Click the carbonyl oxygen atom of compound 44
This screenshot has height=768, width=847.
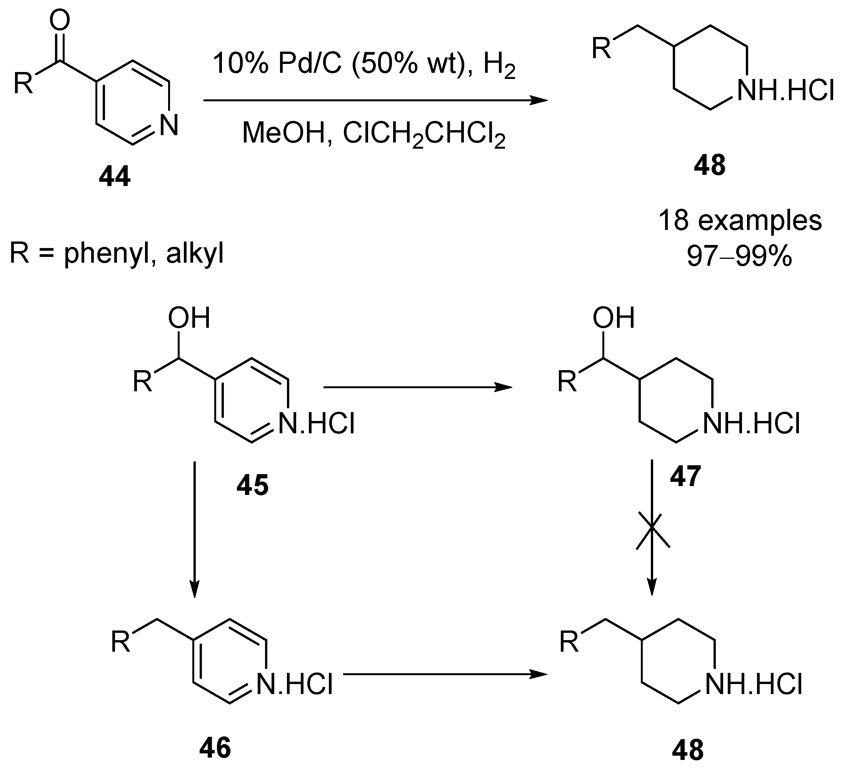pos(60,21)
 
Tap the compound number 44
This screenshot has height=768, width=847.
pos(115,177)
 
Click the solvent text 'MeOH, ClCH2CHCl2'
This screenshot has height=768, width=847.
pos(374,133)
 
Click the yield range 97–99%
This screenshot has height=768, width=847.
pos(739,255)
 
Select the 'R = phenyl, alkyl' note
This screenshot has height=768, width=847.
pos(117,253)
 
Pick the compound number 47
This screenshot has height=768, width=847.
pos(685,476)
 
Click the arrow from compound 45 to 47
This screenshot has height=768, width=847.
pos(418,387)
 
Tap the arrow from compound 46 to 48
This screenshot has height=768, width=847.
pos(445,674)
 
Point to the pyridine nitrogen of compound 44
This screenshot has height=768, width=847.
pos(169,125)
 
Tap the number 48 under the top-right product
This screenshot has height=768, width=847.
pos(710,165)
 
